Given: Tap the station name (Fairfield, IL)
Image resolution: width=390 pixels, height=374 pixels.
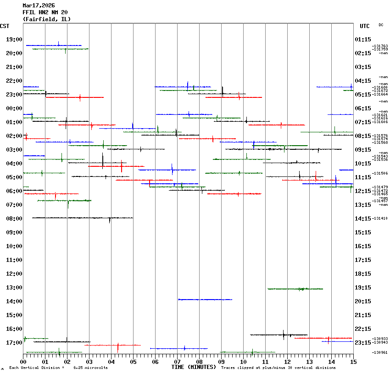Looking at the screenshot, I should click(47, 19).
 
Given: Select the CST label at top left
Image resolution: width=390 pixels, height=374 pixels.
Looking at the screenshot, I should click(5, 26).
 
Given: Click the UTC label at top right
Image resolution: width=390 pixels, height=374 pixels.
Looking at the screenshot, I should click(364, 26).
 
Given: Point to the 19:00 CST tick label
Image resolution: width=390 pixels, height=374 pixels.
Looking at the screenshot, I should click(14, 40).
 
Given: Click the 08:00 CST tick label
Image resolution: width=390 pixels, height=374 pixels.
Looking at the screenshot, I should click(14, 219).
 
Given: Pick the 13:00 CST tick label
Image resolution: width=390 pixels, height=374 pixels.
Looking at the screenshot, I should click(14, 288).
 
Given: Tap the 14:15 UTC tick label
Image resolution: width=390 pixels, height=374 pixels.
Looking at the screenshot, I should click(363, 219).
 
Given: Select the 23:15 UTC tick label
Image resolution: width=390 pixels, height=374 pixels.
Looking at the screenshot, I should click(363, 343).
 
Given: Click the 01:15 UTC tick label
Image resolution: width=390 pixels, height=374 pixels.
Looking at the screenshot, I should click(363, 40).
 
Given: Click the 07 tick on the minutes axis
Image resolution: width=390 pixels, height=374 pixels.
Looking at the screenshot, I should click(177, 362).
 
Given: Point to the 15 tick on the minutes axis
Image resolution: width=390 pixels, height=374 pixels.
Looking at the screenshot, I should click(353, 362).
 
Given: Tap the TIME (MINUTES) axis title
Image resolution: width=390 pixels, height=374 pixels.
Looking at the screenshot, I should click(194, 367).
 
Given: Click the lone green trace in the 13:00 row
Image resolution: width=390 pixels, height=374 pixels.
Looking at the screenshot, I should click(295, 289).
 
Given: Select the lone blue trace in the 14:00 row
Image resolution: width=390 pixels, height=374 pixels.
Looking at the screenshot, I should click(205, 300).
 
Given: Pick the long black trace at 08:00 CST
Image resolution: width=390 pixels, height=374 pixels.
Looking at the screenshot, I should click(83, 218).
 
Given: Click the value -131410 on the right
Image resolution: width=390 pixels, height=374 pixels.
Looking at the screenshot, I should click(380, 219).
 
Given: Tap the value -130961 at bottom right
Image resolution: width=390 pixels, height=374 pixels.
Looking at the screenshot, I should click(380, 352).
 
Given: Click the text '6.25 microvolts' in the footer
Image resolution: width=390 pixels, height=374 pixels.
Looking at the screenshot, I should click(91, 368).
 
